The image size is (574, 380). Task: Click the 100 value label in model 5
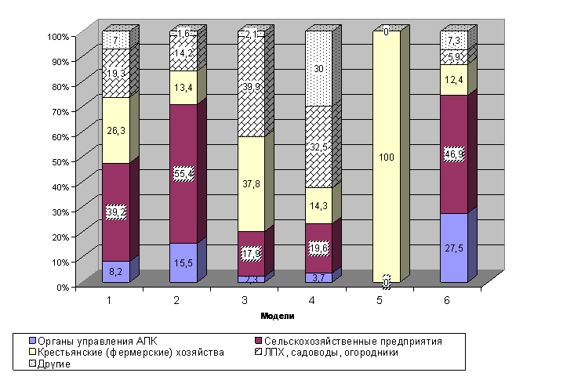tap(387, 157)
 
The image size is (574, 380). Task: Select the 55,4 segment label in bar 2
tap(183, 174)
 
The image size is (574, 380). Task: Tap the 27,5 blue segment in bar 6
tap(453, 248)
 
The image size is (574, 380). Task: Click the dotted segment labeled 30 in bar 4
tap(318, 69)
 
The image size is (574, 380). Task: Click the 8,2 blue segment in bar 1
tap(115, 271)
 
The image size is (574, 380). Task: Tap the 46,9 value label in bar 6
tap(453, 154)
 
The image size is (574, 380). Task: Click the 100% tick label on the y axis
tap(59, 36)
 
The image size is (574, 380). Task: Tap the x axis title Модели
tap(277, 316)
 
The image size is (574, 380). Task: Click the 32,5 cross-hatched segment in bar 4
tap(318, 146)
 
